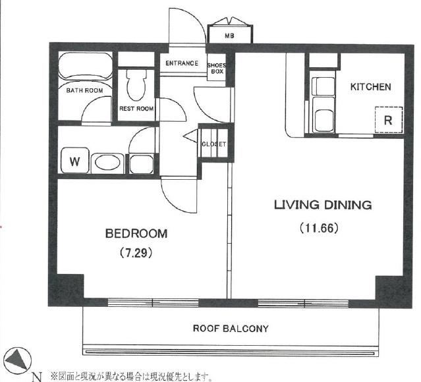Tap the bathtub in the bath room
[85, 66]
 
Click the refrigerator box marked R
[389, 120]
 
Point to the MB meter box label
[229, 36]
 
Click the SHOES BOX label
[216, 68]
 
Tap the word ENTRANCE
[182, 63]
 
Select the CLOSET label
[214, 144]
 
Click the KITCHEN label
[370, 87]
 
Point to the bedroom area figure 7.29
[136, 252]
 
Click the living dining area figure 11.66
[319, 228]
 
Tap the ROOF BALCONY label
[231, 328]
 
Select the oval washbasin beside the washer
[107, 163]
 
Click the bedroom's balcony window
[153, 302]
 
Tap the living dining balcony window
[304, 304]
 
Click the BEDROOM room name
[136, 233]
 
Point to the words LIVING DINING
[323, 205]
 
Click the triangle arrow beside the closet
[190, 136]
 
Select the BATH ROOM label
[84, 90]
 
